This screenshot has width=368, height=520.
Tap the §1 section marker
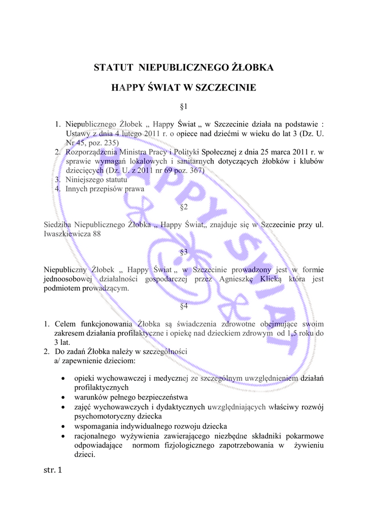184,107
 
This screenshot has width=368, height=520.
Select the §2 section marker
184,207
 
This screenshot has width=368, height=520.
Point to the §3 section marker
184,251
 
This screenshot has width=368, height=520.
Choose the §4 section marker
184,306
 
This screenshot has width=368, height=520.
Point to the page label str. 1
52,470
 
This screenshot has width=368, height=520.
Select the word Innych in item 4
76,188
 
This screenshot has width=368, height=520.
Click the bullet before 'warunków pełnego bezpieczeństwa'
62,397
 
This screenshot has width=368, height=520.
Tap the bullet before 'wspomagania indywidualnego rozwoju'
62,426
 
